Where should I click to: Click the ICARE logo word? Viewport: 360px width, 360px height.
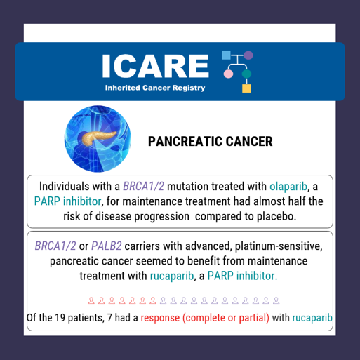(x=155, y=66)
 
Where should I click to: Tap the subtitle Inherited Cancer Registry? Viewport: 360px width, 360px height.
(x=155, y=88)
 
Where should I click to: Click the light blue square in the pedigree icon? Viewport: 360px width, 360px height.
(x=226, y=55)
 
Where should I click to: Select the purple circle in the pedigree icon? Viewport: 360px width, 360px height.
(x=248, y=55)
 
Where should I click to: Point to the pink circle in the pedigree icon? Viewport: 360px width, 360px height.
(x=228, y=74)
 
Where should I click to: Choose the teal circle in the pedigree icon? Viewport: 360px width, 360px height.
(x=246, y=74)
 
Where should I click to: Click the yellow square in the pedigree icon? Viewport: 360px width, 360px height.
(x=246, y=88)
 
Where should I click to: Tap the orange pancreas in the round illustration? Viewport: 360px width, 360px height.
(x=98, y=138)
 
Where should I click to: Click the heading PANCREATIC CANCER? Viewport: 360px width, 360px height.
(x=211, y=141)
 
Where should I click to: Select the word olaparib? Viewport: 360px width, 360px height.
(x=288, y=187)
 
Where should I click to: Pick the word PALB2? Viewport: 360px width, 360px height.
(x=107, y=246)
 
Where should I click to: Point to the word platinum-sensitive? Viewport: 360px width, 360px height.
(x=279, y=246)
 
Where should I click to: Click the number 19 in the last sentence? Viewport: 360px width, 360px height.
(x=60, y=318)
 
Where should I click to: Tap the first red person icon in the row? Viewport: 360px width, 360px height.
(x=91, y=300)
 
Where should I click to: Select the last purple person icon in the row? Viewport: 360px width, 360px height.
(x=276, y=300)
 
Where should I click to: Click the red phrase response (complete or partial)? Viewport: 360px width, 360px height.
(x=205, y=318)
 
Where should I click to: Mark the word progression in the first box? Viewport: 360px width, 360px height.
(x=162, y=217)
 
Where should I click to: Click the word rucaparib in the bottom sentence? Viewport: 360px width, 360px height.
(x=312, y=318)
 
